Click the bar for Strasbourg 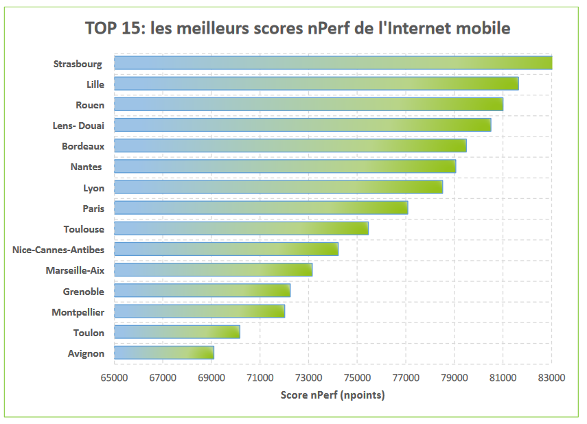point(333,63)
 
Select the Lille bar point(316,84)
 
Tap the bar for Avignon point(164,353)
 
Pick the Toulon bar point(177,332)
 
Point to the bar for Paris point(261,207)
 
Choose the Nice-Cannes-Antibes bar point(226,249)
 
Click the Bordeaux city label point(83,146)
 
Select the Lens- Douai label point(78,126)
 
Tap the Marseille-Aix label point(75,270)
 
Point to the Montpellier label point(78,312)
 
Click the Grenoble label point(84,292)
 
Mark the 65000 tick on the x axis point(114,377)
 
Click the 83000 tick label point(551,377)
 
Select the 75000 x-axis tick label point(357,377)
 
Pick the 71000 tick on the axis point(260,377)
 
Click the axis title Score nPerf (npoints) point(333,395)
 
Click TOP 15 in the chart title point(110,28)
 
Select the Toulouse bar point(241,228)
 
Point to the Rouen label point(90,105)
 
